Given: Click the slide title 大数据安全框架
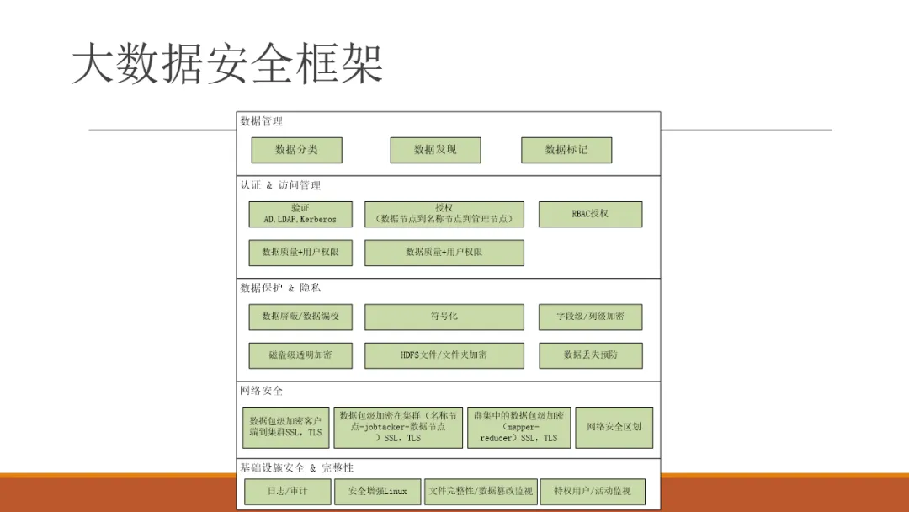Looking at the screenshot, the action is coord(227,63).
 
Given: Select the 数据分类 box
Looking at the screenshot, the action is coord(296,150).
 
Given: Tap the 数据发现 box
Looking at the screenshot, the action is coord(435,150).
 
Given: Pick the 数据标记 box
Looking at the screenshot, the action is coord(566,150).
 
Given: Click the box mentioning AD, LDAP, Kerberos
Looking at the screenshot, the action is coord(300,214).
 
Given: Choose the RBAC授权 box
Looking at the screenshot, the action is coord(590,214).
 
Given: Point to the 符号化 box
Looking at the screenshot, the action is coord(444,317).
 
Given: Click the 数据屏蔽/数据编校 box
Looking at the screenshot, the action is coord(300,317).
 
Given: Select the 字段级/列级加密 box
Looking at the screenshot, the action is coord(590,317).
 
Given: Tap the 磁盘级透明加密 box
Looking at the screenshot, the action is coord(300,355).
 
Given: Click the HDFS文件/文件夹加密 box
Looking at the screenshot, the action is coord(444,355).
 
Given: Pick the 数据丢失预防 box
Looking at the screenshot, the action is coord(590,355).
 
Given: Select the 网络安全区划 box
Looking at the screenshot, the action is coord(614,427).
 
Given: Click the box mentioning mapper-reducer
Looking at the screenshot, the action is coord(518,427).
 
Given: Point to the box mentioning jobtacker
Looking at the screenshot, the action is coord(398,427).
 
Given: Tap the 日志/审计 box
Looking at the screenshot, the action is coord(287,491).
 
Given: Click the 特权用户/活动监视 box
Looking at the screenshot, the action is coord(592,491).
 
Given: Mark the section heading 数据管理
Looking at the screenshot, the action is coord(262,121).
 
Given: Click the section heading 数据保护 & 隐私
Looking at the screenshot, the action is coord(280,288).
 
